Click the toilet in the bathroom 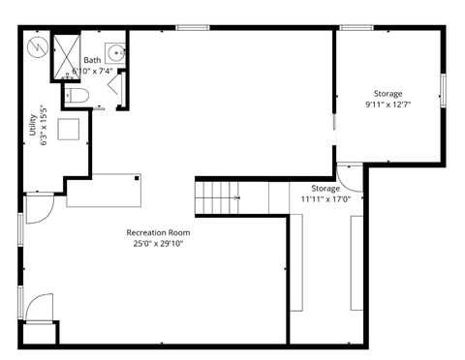tap(77, 95)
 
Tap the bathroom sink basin tap(115, 52)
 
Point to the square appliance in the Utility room tap(70, 129)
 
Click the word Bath tap(91, 60)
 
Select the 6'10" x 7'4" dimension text tap(94, 71)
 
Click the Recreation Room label tap(158, 233)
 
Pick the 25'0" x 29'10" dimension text tap(158, 244)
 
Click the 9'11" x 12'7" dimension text tap(388, 104)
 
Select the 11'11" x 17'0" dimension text tap(325, 198)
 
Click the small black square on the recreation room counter tap(139, 178)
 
